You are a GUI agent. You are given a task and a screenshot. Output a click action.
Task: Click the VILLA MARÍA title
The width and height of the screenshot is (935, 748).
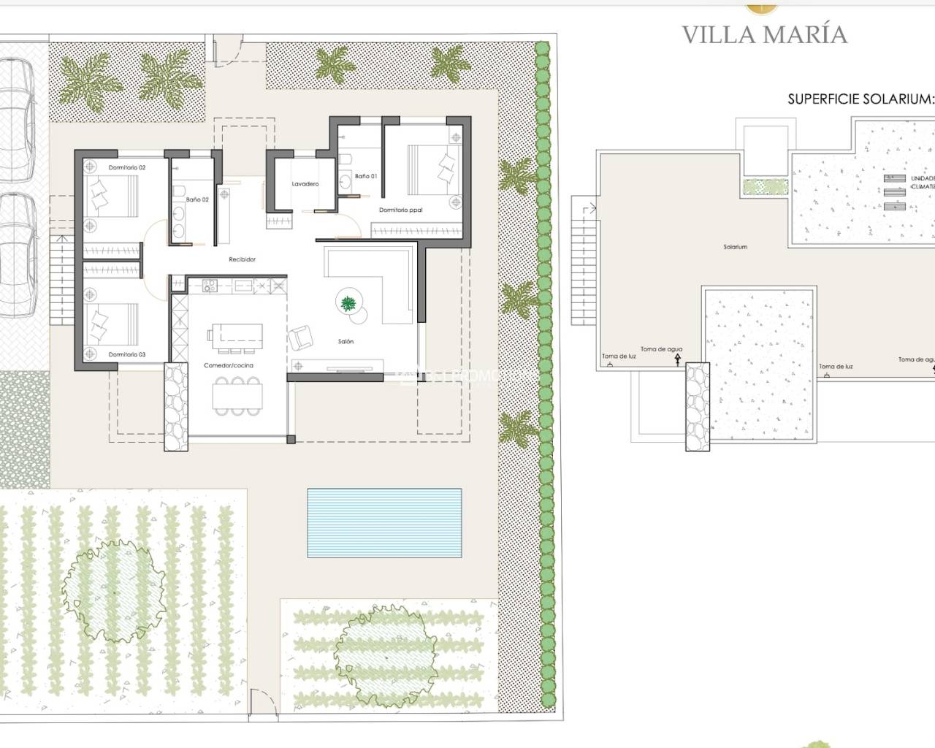point(764,34)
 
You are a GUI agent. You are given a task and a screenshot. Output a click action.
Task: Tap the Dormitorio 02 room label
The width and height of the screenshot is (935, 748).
point(127,168)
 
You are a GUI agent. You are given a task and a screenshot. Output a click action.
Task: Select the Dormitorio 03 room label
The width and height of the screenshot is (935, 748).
point(127,354)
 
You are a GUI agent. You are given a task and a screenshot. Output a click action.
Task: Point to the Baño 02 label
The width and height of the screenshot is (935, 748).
point(197,199)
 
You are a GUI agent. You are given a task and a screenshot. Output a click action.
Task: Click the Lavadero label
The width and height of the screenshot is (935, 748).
point(305,184)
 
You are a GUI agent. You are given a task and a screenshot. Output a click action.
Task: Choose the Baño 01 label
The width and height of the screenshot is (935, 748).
point(366,176)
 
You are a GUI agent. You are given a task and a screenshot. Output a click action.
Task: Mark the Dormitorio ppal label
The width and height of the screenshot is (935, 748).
point(400,210)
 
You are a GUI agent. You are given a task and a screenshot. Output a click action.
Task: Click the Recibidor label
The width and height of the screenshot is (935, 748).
point(242,259)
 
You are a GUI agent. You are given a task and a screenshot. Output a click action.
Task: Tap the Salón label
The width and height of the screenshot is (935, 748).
point(346,341)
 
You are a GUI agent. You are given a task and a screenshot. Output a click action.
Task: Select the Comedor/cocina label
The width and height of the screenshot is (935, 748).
point(229,365)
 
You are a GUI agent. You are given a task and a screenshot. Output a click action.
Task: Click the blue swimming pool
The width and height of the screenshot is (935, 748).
point(384,522)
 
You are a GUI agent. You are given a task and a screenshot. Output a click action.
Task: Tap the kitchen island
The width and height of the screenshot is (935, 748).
point(235,334)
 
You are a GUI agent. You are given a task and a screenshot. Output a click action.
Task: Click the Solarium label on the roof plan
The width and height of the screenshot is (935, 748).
point(735,247)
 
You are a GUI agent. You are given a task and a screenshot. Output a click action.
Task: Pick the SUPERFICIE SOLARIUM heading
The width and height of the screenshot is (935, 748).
point(860,99)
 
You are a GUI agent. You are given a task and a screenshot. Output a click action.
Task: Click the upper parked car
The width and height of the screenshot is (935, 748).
point(16,121)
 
